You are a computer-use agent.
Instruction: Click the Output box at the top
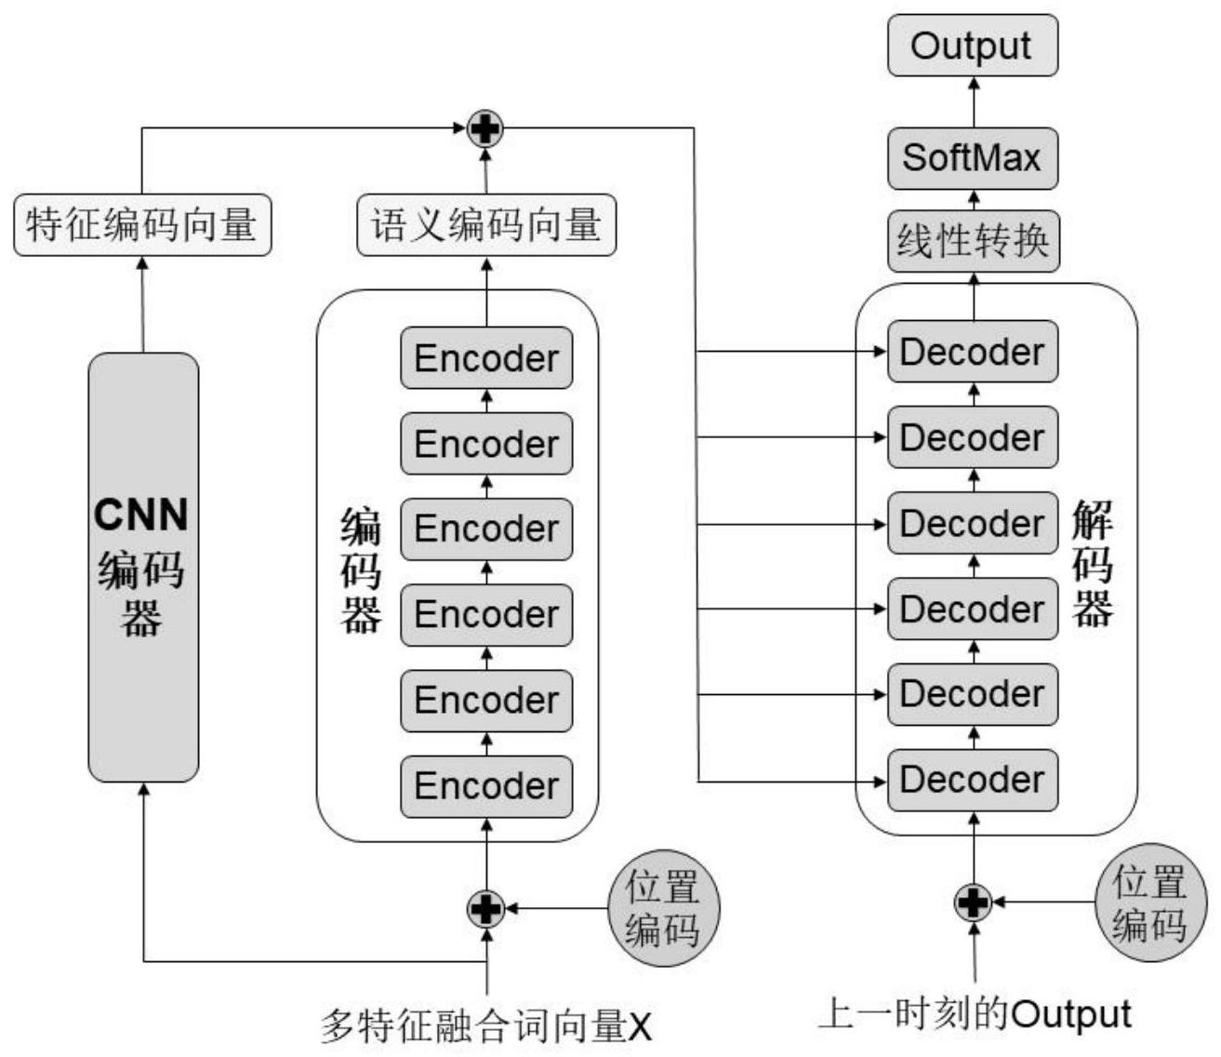pyautogui.click(x=973, y=46)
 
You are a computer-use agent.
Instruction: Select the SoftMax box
pyautogui.click(x=973, y=158)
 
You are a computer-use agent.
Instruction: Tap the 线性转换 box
pyautogui.click(x=973, y=242)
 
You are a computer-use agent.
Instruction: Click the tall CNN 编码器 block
pyautogui.click(x=143, y=567)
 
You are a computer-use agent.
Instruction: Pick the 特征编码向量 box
pyautogui.click(x=142, y=224)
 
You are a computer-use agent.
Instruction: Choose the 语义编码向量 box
pyautogui.click(x=486, y=224)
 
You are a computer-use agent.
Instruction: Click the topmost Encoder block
pyautogui.click(x=486, y=358)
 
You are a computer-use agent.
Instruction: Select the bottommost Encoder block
pyautogui.click(x=486, y=786)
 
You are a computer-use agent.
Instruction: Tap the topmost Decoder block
pyautogui.click(x=973, y=352)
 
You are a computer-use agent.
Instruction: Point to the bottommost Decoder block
pyautogui.click(x=973, y=780)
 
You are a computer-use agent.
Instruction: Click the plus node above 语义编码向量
pyautogui.click(x=484, y=128)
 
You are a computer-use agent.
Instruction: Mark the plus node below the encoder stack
pyautogui.click(x=485, y=908)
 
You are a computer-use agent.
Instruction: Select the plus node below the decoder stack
pyautogui.click(x=973, y=902)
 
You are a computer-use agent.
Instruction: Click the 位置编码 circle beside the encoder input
pyautogui.click(x=662, y=908)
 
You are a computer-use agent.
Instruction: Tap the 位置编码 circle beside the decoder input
pyautogui.click(x=1150, y=903)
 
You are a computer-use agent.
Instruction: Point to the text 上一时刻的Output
pyautogui.click(x=975, y=1014)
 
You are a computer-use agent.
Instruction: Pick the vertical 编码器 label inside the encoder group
pyautogui.click(x=360, y=569)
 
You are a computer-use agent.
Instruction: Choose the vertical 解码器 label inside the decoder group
pyautogui.click(x=1093, y=564)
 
